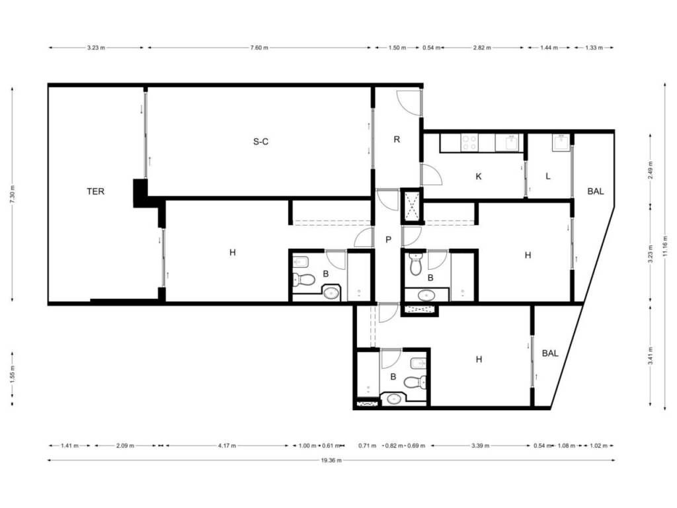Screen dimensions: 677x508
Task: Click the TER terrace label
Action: (x=95, y=191)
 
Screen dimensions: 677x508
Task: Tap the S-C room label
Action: (x=260, y=142)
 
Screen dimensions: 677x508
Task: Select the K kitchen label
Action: (x=478, y=176)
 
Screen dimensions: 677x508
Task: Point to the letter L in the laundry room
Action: (x=548, y=176)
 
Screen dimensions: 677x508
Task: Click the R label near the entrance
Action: (x=397, y=140)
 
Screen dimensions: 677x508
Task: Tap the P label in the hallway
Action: (x=388, y=239)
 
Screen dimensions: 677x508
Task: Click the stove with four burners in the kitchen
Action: (x=469, y=143)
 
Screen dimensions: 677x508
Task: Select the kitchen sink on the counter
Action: (x=512, y=142)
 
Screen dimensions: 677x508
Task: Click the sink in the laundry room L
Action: (x=561, y=142)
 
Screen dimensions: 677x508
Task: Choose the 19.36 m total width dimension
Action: (x=331, y=460)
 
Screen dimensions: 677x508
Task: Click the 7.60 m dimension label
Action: (x=259, y=48)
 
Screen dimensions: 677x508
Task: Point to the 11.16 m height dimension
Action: (x=665, y=246)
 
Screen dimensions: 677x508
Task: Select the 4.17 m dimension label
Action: (x=227, y=446)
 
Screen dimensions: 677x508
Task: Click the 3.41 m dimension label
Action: (x=651, y=355)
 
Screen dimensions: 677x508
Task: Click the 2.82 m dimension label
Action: (x=482, y=48)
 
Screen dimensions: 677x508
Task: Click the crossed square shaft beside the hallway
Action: (x=411, y=206)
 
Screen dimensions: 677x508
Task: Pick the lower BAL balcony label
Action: (x=550, y=353)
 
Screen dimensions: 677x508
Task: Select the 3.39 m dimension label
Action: (x=480, y=446)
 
